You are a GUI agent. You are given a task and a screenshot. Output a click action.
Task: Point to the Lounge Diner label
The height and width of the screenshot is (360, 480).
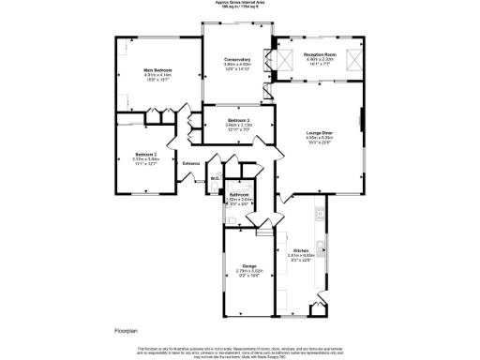click(x=319, y=132)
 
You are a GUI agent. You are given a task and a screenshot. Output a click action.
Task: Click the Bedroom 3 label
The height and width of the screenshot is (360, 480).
click(x=238, y=120)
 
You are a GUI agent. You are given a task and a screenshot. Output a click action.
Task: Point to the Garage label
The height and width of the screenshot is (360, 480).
click(x=249, y=266)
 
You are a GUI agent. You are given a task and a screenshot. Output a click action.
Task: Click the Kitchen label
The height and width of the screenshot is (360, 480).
click(x=301, y=250)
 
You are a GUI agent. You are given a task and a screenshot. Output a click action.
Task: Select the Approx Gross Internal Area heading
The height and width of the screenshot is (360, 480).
click(x=240, y=3)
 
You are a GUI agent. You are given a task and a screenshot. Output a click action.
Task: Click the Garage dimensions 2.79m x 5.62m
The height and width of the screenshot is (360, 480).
click(x=249, y=272)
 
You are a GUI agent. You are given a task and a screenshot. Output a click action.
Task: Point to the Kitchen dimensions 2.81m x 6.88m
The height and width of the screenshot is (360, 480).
click(x=301, y=256)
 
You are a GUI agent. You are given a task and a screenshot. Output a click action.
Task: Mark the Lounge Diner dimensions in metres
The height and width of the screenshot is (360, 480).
click(x=319, y=138)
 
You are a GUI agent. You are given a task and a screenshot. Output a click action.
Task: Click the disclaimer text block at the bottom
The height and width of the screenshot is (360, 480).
click(x=240, y=349)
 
